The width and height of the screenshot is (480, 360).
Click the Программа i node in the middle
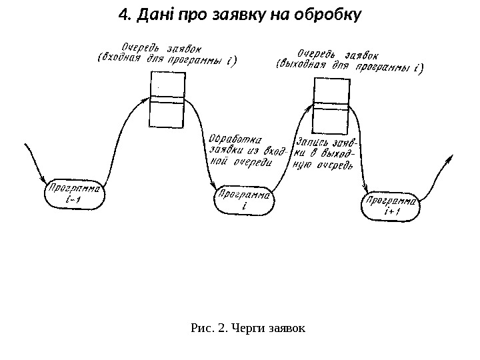243,201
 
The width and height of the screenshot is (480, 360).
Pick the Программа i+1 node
391,206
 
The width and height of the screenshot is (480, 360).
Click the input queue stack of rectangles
167,100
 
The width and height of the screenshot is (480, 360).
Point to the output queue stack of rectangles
330,105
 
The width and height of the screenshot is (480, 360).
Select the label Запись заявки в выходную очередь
325,154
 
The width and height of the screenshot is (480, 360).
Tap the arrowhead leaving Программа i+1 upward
452,158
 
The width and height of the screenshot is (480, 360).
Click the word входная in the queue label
118,59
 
